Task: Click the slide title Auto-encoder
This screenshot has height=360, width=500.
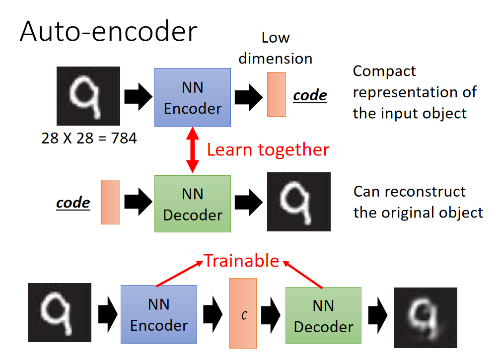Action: coord(108,31)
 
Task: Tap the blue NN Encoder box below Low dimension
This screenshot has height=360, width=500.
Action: coord(193,97)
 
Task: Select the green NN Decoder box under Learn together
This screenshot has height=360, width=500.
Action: coord(193,204)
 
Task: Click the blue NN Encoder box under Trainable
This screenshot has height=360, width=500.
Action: coord(159,314)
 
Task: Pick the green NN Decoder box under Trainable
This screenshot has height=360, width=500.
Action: coord(323,315)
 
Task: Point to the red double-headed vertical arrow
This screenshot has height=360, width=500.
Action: coord(193,150)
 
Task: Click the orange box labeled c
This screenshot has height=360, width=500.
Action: coord(243,313)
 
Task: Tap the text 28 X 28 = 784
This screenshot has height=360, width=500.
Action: coord(89,138)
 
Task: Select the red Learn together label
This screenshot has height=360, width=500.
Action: coord(268,149)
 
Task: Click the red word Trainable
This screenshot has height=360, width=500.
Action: coord(242,261)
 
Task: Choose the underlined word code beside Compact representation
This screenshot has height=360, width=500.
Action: coord(310,95)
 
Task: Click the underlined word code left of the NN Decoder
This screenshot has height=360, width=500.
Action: coord(73,203)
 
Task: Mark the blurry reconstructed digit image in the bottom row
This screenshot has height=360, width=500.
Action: coord(426,318)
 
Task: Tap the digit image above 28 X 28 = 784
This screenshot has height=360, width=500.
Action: coord(88,96)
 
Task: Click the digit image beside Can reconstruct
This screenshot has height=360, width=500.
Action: coord(299,202)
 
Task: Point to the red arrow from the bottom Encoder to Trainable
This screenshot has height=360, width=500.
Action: coord(180,274)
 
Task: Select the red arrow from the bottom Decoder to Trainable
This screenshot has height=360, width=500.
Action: coord(302,275)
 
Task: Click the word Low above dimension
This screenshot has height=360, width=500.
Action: coord(276,37)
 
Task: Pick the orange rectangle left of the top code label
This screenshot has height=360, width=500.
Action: coord(277,94)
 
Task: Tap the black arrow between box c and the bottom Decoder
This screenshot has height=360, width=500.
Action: coord(271,315)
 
